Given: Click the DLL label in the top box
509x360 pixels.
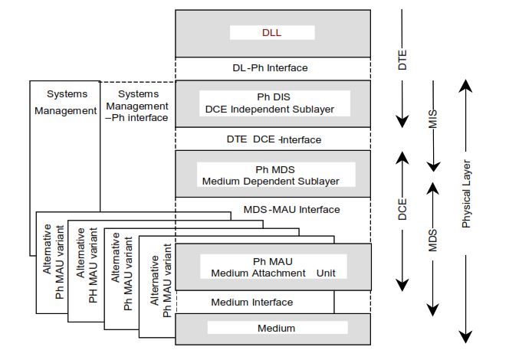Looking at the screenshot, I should click(272, 32).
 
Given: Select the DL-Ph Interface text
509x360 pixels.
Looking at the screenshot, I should click(270, 68).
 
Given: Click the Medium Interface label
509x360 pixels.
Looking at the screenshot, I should click(251, 302).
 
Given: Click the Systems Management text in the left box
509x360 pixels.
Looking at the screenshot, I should click(67, 102).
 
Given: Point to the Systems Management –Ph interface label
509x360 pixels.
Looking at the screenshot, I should click(137, 106).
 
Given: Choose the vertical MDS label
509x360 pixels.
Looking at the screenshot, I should click(433, 240).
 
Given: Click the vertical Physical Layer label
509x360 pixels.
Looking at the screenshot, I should click(466, 195).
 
